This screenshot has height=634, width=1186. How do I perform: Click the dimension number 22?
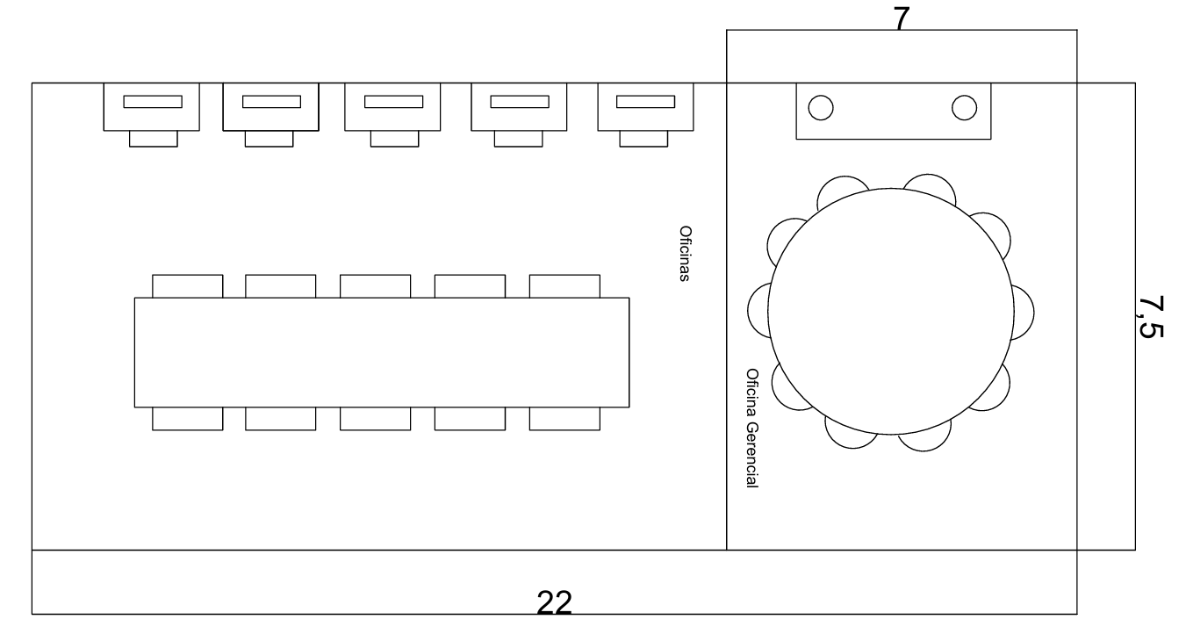(x=554, y=602)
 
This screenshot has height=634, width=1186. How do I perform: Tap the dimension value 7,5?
(x=1150, y=317)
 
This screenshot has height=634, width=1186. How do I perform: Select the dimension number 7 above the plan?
(x=902, y=19)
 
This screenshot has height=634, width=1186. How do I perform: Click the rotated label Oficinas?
(x=685, y=254)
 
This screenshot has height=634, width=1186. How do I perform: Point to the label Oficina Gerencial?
(x=751, y=428)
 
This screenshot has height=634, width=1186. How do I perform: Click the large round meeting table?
(x=891, y=312)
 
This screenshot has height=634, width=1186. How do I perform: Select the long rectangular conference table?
(x=382, y=352)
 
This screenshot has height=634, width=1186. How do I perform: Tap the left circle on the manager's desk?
(x=821, y=108)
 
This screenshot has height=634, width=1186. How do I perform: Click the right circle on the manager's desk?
(x=964, y=108)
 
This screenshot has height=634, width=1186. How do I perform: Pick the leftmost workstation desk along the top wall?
(x=151, y=107)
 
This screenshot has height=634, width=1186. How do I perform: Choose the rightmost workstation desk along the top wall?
(x=645, y=107)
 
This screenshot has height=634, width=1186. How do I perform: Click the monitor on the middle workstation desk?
(x=393, y=102)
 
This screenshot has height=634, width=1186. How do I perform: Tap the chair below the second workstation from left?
(x=269, y=139)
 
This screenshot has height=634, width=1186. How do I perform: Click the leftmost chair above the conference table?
(x=188, y=286)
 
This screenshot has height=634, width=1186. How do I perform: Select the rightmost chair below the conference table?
(x=564, y=419)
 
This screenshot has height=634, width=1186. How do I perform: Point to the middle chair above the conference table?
(x=375, y=286)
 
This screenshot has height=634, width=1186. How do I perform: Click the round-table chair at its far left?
(x=756, y=310)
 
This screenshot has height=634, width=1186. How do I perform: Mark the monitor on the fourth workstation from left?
(x=520, y=102)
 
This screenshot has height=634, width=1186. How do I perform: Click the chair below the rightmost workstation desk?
(x=643, y=139)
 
